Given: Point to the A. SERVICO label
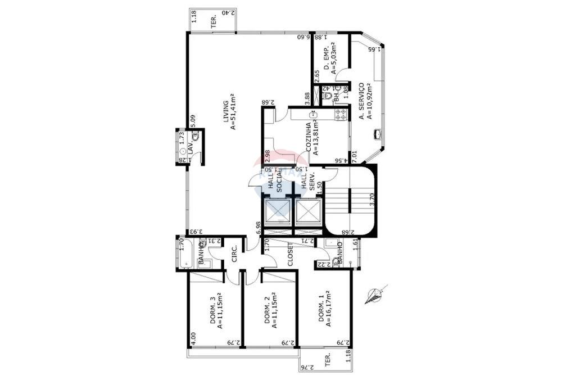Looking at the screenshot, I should point(365,102).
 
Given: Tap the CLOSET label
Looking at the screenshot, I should point(291,255).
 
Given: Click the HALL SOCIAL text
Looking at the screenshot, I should point(274,181).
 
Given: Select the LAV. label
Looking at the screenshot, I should point(191,150).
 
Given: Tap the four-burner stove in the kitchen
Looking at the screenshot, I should point(340,115).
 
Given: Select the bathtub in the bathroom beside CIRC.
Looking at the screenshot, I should point(188,255).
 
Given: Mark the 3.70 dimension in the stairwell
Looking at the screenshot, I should point(371,200).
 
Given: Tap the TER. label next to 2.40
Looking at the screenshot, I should point(214,22).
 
